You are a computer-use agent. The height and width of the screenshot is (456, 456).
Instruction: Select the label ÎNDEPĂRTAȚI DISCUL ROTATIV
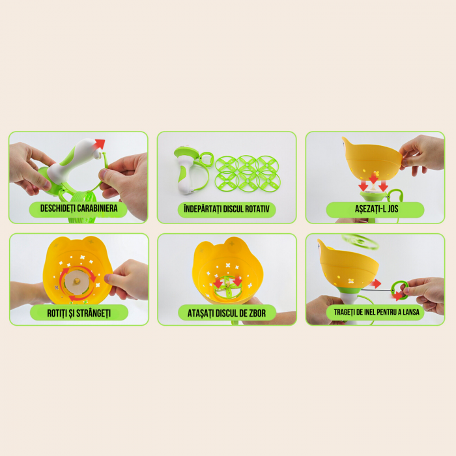tap(227, 208)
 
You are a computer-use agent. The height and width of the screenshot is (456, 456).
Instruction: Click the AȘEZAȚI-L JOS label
tap(377, 208)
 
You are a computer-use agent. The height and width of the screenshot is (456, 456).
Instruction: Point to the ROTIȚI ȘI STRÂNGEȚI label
tap(79, 313)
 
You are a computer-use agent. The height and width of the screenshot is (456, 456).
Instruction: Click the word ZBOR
tap(257, 313)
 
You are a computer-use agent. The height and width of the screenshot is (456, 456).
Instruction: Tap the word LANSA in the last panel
tap(411, 312)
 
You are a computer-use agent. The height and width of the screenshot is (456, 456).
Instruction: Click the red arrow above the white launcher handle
tap(99, 144)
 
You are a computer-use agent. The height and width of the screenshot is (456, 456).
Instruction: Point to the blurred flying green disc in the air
tap(360, 242)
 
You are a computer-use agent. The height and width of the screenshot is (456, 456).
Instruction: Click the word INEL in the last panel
tap(369, 312)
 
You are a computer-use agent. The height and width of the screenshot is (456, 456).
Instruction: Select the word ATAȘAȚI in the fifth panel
tap(201, 313)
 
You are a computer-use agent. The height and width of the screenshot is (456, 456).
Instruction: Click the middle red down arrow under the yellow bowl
tap(373, 178)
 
